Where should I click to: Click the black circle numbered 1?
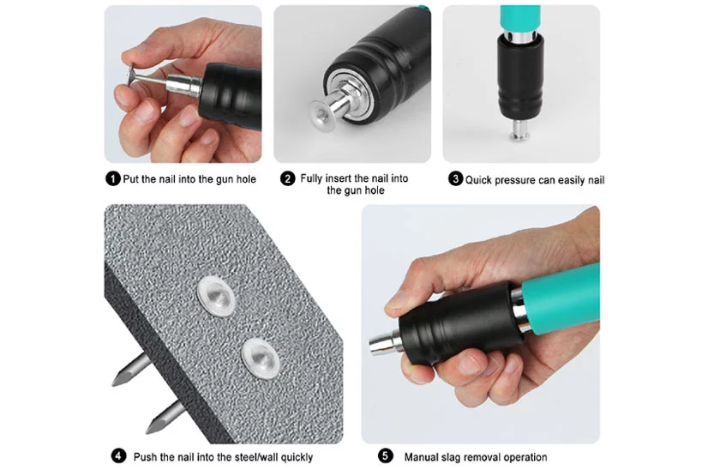113,178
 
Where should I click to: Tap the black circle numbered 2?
287,178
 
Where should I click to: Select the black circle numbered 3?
455,178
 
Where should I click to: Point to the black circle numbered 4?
119,456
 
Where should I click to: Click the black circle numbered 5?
385,456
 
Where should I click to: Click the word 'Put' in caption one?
130,179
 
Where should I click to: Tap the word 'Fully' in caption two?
312,178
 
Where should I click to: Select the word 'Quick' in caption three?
478,180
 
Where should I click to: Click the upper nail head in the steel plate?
216,296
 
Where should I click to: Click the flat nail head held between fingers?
132,75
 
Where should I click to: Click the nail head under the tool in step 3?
519,135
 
